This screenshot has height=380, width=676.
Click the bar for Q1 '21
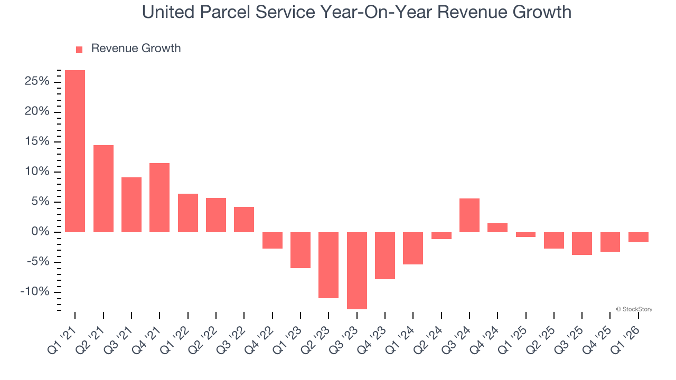point(75,151)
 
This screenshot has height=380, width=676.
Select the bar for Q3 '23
point(357,270)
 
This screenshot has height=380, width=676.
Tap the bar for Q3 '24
point(470,215)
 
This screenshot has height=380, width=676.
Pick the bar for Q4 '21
point(159,197)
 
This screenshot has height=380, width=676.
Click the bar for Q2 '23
point(328,265)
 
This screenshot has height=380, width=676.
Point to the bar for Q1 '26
point(639,237)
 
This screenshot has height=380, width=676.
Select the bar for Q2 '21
point(104,188)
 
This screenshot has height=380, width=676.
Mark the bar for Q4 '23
point(385,255)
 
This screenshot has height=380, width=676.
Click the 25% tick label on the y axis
point(36,82)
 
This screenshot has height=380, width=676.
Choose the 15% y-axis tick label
point(36,142)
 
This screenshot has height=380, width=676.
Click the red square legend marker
point(79,50)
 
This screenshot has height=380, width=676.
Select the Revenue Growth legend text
point(136,49)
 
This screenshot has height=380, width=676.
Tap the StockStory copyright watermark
point(634,309)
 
